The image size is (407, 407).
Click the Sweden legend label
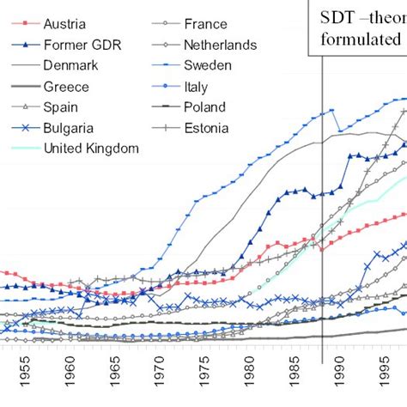pos(209,65)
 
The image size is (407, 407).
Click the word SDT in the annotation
pos(339,18)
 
